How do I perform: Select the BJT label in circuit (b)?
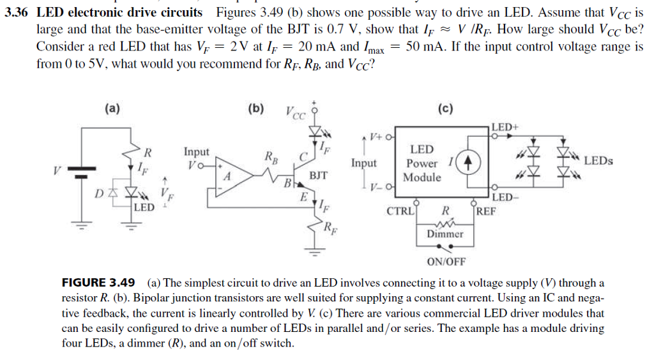(319, 174)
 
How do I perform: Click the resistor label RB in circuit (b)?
(271, 155)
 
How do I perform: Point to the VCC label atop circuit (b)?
(294, 115)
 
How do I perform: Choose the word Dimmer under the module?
(445, 234)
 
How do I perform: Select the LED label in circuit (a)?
(144, 207)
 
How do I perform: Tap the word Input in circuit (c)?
(363, 163)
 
